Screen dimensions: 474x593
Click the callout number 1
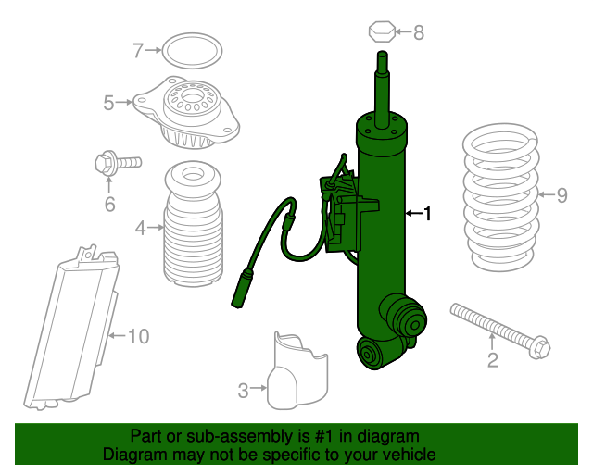click(x=427, y=215)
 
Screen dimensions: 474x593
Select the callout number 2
click(x=493, y=360)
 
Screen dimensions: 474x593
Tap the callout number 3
click(x=243, y=391)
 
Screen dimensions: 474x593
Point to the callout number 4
click(x=139, y=227)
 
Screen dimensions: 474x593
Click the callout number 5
click(x=108, y=103)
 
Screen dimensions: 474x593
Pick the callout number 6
click(x=109, y=205)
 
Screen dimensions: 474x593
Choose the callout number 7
click(x=138, y=50)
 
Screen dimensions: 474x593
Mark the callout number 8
click(x=419, y=33)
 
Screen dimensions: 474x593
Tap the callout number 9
click(x=561, y=194)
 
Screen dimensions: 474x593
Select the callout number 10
click(x=136, y=336)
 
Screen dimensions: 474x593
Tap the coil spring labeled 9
click(x=500, y=199)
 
